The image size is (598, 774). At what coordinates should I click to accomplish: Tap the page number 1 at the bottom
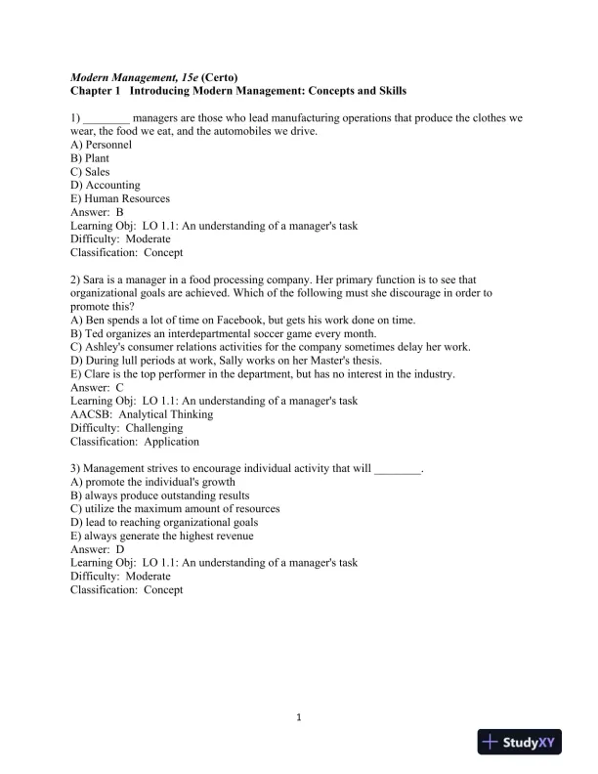point(299,720)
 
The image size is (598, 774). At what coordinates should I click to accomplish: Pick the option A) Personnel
point(102,144)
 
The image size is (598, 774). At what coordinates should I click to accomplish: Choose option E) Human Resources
point(120,198)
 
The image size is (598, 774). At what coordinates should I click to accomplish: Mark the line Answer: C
point(98,387)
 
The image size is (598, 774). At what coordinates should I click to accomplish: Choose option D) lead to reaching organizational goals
point(164,522)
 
